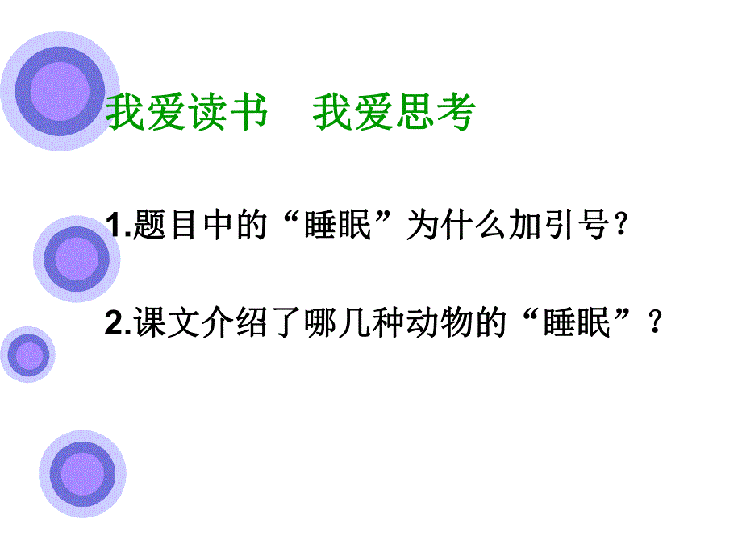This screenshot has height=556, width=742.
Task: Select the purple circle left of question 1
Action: coord(77,259)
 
